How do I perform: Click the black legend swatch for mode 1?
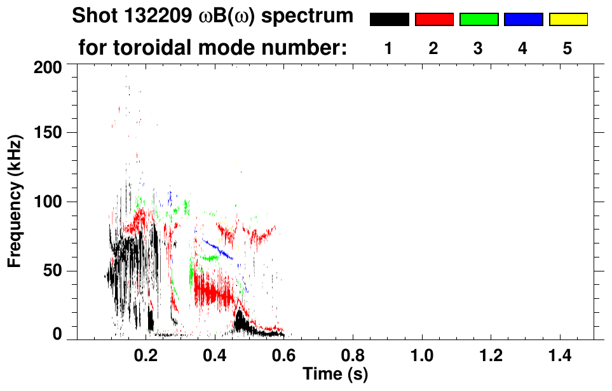click(x=389, y=20)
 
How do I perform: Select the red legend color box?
click(x=434, y=20)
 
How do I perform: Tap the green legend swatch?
click(x=479, y=20)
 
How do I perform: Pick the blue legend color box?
click(x=523, y=20)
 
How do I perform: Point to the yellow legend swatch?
click(x=568, y=20)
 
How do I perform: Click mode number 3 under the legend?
click(x=479, y=49)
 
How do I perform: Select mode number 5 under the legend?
click(x=568, y=49)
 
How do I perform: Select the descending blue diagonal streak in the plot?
click(x=217, y=249)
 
